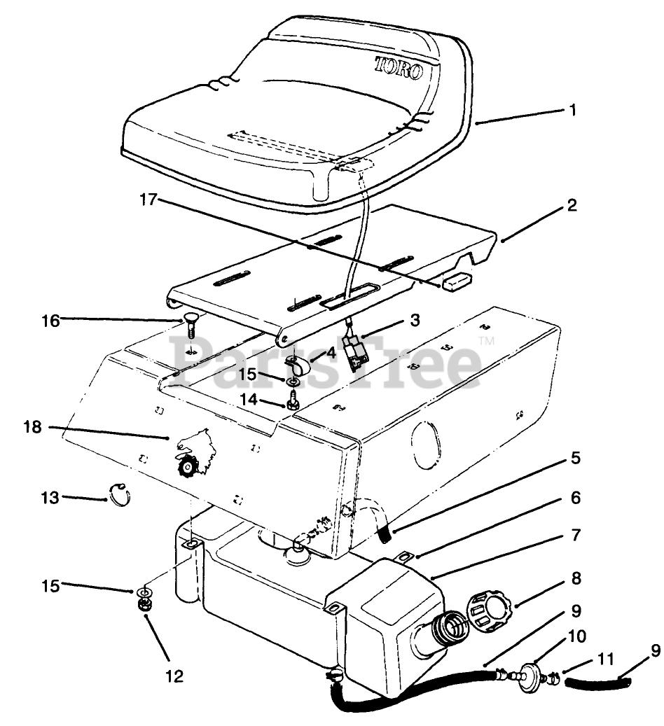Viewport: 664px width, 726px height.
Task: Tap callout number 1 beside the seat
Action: click(x=573, y=111)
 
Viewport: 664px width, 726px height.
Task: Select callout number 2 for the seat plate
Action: click(x=572, y=206)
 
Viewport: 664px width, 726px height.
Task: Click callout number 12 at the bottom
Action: click(x=174, y=676)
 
